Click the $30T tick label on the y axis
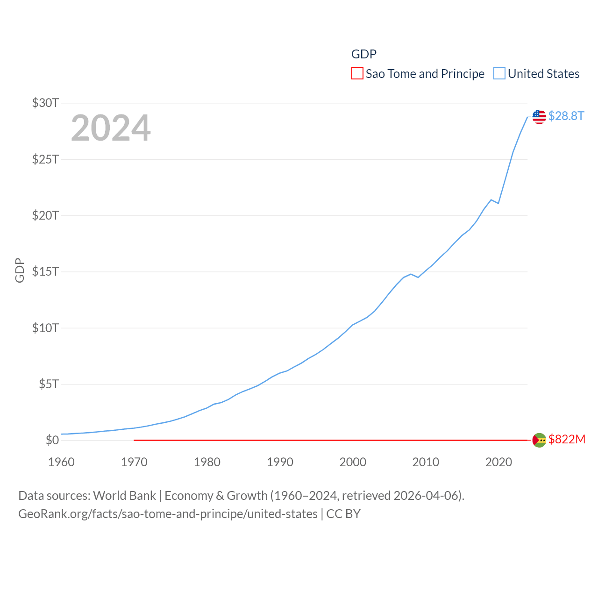(x=45, y=103)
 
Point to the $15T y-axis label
(x=45, y=271)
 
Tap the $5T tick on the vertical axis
(x=49, y=384)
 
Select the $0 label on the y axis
(x=52, y=440)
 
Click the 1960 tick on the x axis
(x=61, y=462)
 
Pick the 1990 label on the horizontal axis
(x=280, y=462)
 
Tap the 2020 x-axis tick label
(x=498, y=462)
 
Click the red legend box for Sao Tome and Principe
(x=357, y=74)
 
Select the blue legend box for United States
(x=499, y=74)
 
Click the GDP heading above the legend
(x=364, y=54)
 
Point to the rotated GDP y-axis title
(x=20, y=270)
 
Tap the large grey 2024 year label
(x=111, y=128)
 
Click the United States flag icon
(x=539, y=117)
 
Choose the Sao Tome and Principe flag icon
(x=539, y=440)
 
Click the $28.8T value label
(x=566, y=116)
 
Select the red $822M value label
(x=567, y=439)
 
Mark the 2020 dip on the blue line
(x=498, y=203)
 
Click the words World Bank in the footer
(x=125, y=496)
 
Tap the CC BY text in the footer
(x=343, y=514)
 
